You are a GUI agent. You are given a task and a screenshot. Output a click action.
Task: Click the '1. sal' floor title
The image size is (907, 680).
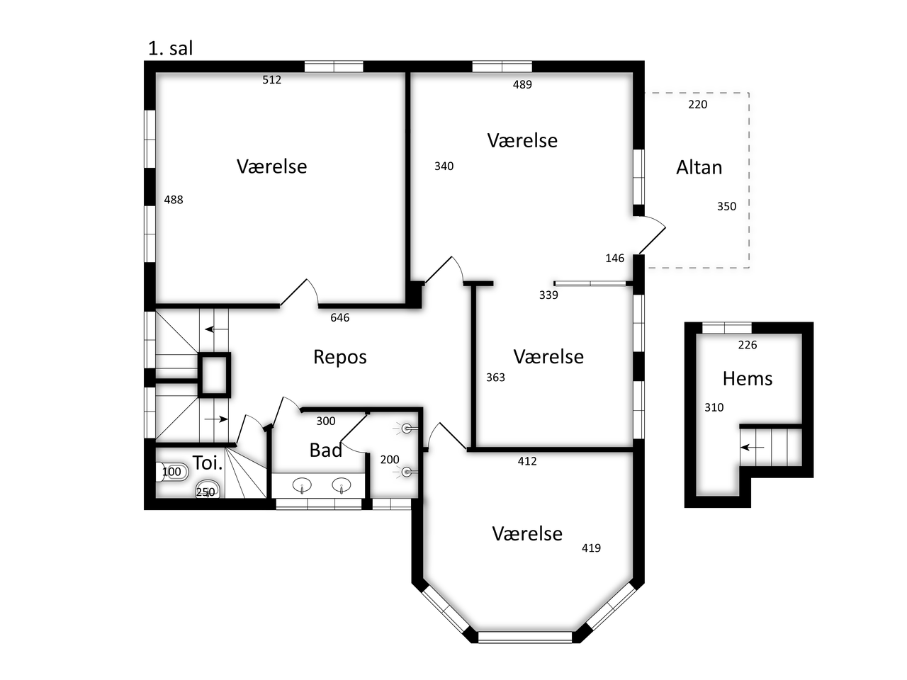(170, 49)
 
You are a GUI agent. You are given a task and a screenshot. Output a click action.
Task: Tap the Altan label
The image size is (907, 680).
(699, 168)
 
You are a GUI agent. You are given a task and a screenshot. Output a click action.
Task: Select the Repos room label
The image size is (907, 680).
(339, 358)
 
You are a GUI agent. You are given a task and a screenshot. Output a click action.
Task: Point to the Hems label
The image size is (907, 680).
(747, 378)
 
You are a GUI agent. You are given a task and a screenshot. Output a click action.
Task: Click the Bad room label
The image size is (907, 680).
(326, 450)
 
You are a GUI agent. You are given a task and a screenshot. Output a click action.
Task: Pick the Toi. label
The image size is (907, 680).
(208, 463)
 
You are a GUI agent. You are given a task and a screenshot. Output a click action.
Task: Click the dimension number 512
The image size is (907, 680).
(271, 79)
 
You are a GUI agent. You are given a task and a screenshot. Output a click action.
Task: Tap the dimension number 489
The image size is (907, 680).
(522, 84)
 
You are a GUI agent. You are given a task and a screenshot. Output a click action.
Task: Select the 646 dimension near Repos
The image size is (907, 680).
(339, 317)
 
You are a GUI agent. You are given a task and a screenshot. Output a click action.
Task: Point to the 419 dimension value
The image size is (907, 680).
(591, 548)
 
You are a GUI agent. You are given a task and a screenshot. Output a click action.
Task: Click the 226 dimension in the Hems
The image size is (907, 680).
(747, 345)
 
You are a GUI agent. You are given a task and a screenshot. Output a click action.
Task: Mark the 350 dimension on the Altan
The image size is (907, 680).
(726, 206)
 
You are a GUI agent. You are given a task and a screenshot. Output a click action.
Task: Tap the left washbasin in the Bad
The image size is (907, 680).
(302, 484)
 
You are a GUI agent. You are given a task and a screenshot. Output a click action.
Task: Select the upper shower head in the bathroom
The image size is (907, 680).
(406, 429)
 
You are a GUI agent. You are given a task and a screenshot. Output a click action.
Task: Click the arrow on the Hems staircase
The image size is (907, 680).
(752, 447)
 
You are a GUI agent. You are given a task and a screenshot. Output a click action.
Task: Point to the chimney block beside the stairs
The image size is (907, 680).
(214, 375)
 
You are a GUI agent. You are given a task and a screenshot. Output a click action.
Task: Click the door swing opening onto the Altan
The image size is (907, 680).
(652, 234)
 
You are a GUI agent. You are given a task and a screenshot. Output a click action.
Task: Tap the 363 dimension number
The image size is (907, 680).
(495, 378)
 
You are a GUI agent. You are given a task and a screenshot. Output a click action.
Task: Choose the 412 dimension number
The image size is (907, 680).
(527, 461)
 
